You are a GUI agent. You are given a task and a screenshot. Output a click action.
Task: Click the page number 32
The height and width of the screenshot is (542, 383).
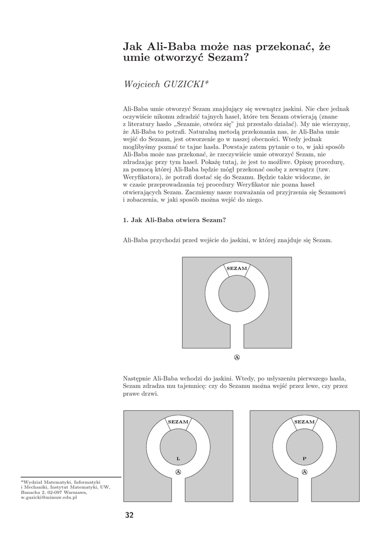point(130,515)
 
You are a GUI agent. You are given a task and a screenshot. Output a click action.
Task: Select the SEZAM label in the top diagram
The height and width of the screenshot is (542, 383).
point(237,269)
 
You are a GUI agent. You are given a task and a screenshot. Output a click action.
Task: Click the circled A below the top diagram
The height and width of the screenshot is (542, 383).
point(237,357)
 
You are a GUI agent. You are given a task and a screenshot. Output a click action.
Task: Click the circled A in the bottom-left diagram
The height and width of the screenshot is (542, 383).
point(178,472)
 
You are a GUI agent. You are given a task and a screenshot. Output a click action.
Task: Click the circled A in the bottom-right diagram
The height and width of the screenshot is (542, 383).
point(304,472)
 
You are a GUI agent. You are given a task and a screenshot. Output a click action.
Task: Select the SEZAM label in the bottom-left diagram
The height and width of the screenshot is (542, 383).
point(178,422)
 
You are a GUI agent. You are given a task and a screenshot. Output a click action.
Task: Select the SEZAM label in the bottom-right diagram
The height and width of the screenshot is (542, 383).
point(304,422)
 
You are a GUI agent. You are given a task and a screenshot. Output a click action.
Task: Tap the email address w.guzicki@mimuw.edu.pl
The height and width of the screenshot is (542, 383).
point(49,498)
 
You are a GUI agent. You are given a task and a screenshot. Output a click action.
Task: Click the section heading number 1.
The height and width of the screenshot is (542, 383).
point(125,221)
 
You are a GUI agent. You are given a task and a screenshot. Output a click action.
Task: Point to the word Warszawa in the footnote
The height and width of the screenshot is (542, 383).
point(78,492)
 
